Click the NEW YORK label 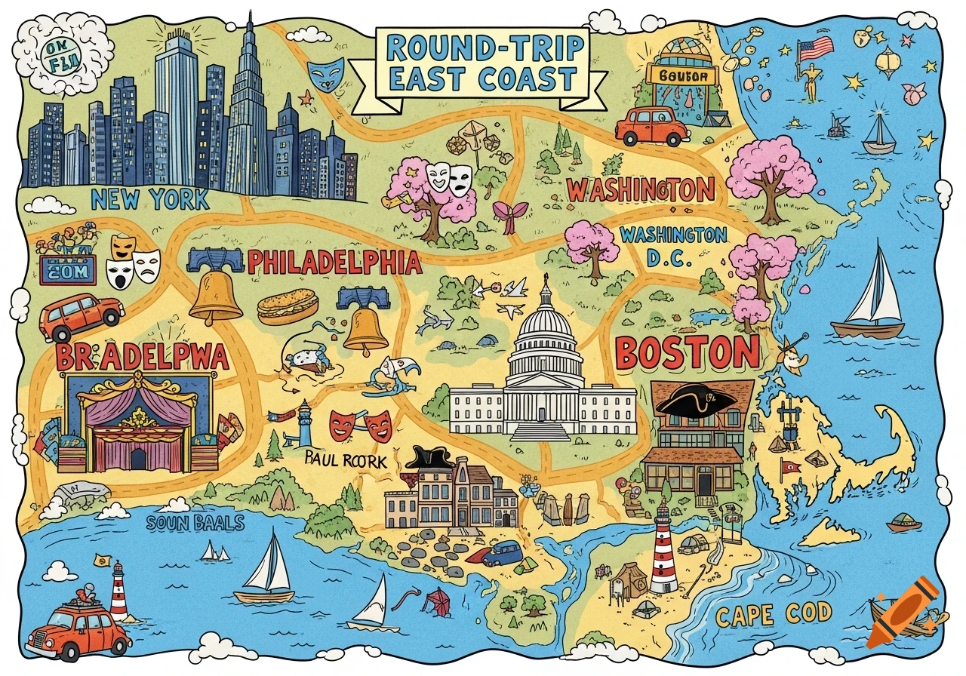[x=149, y=199]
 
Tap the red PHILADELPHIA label [x=334, y=262]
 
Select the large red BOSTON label [x=687, y=352]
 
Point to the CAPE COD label [x=774, y=616]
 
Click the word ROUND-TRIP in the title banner [x=485, y=48]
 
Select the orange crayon [x=903, y=611]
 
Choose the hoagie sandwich [x=287, y=306]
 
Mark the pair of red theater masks [x=361, y=425]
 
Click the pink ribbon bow [x=504, y=214]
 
